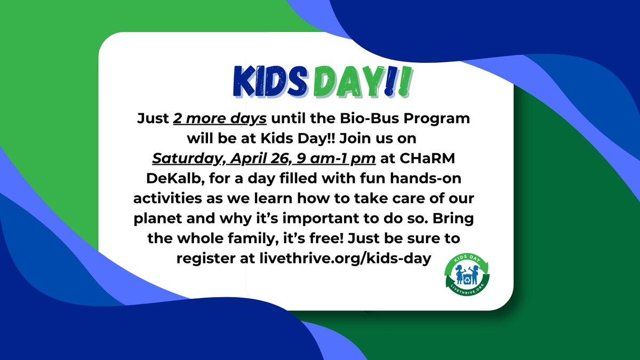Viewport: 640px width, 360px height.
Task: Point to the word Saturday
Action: [184, 158]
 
